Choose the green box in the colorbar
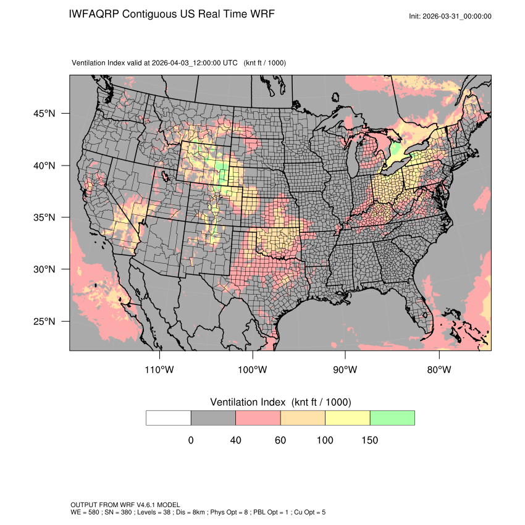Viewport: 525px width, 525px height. [x=392, y=418]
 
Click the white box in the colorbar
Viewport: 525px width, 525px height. [x=169, y=418]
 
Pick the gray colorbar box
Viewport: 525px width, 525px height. [x=213, y=418]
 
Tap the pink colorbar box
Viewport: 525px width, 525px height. [x=258, y=418]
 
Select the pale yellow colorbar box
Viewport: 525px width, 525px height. [x=348, y=418]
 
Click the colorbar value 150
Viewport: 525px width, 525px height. [x=369, y=440]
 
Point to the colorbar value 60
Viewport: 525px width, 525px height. [x=280, y=440]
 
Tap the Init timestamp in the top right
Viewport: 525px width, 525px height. [x=450, y=16]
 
